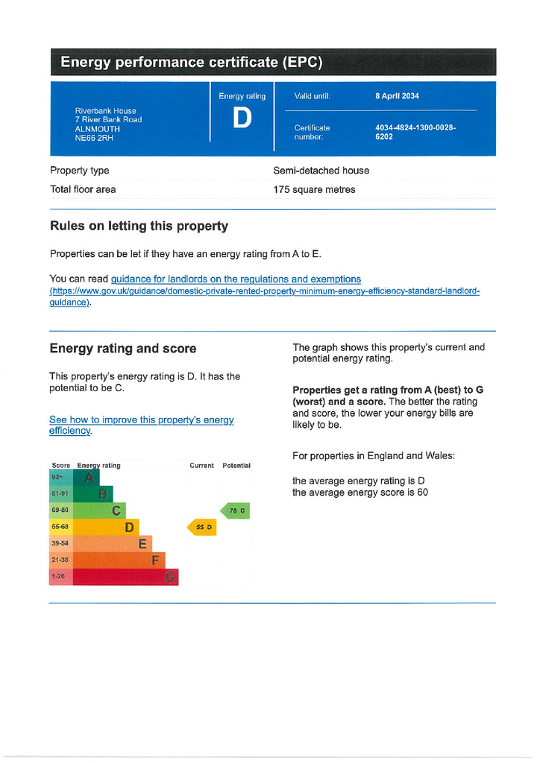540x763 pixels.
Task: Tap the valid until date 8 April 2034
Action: (397, 96)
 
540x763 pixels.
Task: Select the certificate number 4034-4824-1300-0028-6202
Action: (415, 132)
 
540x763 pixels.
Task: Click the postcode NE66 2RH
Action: (92, 138)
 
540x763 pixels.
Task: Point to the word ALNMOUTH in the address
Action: (97, 129)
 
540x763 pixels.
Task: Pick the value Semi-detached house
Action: (321, 171)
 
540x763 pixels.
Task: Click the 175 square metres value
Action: (314, 189)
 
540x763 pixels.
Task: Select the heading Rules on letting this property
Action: (139, 226)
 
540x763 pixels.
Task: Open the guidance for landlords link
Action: (236, 279)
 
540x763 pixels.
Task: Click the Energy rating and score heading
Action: (123, 348)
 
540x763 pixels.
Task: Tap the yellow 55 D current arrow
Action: (202, 528)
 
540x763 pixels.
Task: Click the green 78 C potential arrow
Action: (236, 510)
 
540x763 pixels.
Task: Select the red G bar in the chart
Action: (127, 577)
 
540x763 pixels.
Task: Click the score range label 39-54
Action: (60, 543)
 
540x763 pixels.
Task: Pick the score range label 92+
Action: (57, 477)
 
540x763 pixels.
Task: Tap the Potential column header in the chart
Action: (236, 466)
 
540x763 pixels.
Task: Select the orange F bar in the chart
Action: (119, 560)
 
